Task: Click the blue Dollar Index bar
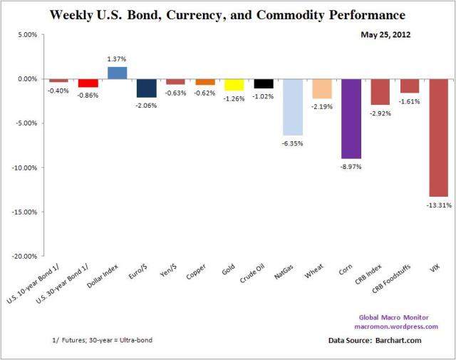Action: click(x=117, y=72)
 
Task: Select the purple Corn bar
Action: click(x=351, y=118)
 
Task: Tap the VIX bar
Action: click(x=439, y=138)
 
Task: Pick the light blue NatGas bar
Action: click(x=293, y=107)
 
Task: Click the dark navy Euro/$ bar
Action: click(x=146, y=88)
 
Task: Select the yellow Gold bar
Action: click(x=234, y=84)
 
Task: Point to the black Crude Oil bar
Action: click(x=264, y=83)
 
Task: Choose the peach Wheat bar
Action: click(x=322, y=88)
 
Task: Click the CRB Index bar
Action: click(x=380, y=91)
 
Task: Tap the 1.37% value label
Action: click(x=118, y=60)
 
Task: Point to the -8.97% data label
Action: click(x=351, y=165)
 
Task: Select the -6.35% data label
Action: click(x=293, y=142)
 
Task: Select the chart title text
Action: click(x=228, y=14)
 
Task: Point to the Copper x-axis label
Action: click(x=196, y=274)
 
